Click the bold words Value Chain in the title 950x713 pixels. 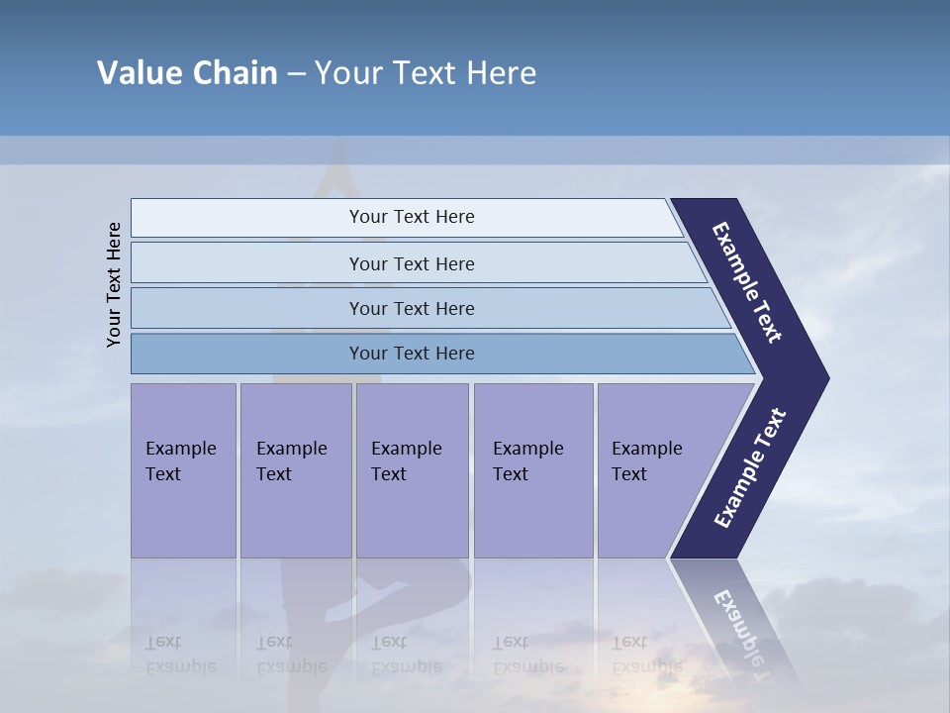[187, 73]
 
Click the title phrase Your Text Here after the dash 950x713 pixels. [426, 73]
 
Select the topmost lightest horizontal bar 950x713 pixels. [247, 218]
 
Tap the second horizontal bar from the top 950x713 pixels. [247, 263]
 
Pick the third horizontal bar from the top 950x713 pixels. [247, 308]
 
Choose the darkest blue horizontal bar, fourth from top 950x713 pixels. [247, 354]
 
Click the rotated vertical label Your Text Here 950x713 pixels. [114, 285]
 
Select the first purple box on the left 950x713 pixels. [183, 470]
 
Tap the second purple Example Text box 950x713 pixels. [295, 470]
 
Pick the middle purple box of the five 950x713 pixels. [412, 470]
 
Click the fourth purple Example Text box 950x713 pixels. [532, 470]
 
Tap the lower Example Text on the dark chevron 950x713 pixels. [750, 468]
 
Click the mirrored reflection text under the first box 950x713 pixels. [180, 655]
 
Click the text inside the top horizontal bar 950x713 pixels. [412, 217]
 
